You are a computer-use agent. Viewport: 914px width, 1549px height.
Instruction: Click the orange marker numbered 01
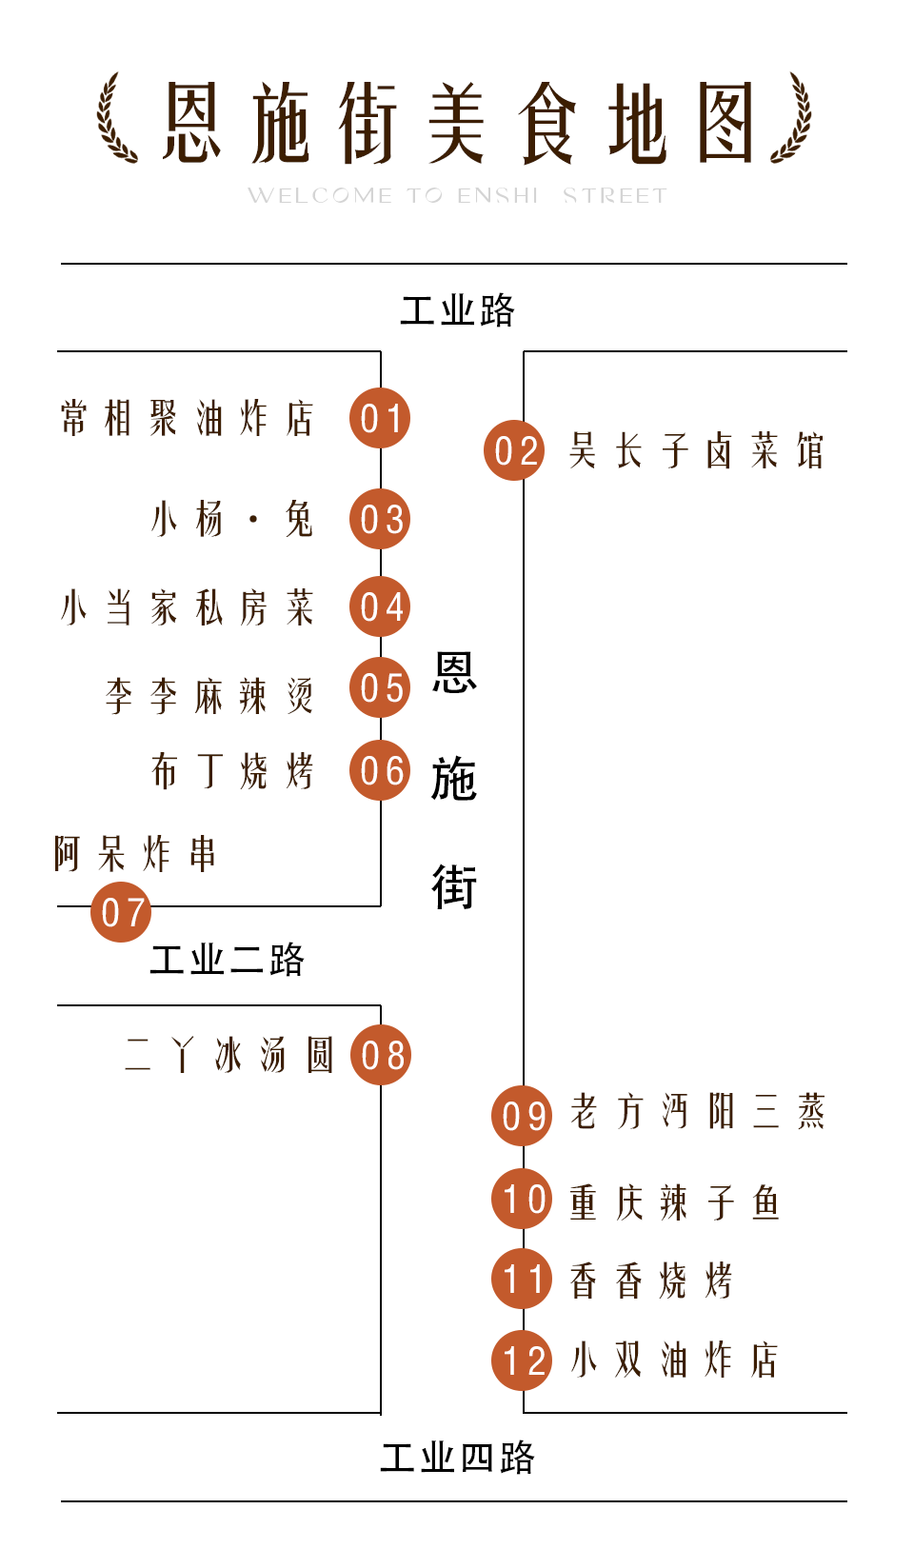tap(380, 418)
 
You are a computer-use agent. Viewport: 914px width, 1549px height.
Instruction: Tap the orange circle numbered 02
tap(514, 450)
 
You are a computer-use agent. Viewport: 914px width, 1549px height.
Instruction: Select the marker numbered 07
tap(121, 912)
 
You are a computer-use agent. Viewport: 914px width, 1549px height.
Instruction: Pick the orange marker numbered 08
tap(381, 1055)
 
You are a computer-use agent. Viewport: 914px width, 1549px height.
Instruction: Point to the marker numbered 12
tap(522, 1360)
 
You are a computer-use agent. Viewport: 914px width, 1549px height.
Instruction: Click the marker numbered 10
tap(522, 1199)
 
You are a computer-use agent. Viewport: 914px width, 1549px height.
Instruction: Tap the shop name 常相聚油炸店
tap(187, 418)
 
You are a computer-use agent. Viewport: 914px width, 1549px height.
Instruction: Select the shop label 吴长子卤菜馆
tap(696, 450)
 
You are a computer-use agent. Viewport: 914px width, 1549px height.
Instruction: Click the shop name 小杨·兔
tap(231, 520)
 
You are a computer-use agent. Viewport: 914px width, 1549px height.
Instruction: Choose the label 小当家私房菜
tap(187, 607)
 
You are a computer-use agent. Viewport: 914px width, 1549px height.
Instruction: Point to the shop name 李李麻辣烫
tap(209, 696)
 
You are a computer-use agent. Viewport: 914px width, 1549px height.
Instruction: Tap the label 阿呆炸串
tap(135, 854)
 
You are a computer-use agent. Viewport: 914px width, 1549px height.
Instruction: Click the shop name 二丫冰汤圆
tap(228, 1055)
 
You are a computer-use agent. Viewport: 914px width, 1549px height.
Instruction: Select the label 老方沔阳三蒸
tap(697, 1111)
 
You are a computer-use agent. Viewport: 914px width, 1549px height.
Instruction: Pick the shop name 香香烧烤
tap(651, 1281)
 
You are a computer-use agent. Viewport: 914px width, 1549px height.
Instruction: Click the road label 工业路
tap(457, 310)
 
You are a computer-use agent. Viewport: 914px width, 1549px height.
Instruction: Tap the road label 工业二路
tap(227, 960)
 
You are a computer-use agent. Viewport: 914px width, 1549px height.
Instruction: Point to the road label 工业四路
tap(457, 1458)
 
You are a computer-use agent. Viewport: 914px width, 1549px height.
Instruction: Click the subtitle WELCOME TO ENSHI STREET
tap(457, 196)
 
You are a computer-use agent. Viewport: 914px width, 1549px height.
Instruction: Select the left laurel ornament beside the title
tap(117, 119)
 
